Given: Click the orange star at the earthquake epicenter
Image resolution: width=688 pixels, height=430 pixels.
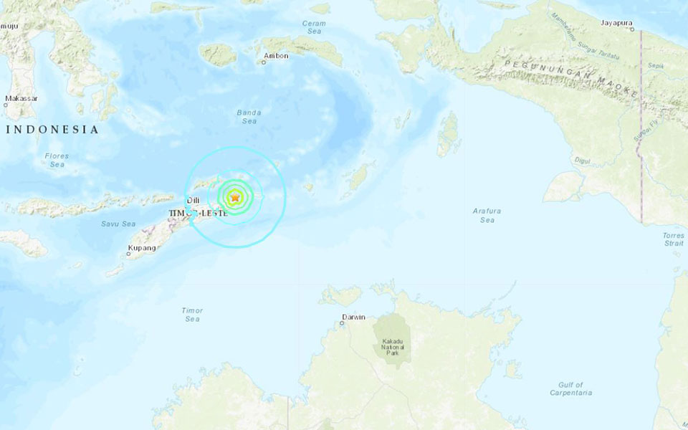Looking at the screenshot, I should (234, 196).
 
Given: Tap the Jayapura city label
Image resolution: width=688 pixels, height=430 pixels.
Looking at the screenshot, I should (618, 22).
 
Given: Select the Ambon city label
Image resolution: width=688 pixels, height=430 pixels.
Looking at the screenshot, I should (276, 55).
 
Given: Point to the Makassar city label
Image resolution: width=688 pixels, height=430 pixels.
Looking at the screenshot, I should (20, 98).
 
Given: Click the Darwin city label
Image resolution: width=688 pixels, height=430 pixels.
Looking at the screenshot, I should (353, 317).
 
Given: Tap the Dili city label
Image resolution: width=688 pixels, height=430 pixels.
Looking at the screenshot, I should (192, 201).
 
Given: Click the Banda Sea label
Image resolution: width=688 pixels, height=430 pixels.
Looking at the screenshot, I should (249, 117).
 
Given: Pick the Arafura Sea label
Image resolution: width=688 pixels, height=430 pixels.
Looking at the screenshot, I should (487, 215).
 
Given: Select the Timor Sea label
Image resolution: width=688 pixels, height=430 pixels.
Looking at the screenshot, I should (192, 315).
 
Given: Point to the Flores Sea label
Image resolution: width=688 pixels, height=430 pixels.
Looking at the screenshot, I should (56, 160).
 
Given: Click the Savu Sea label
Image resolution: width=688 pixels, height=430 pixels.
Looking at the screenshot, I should (118, 224).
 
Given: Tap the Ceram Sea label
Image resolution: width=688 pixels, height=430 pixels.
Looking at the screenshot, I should (314, 27).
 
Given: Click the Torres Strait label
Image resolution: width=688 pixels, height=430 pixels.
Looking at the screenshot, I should (673, 239).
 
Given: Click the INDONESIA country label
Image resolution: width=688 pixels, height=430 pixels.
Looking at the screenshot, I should (52, 130).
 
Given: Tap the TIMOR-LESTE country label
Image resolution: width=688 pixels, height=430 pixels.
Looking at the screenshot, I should (198, 213).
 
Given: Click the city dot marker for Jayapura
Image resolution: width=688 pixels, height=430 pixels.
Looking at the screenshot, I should (632, 30).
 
